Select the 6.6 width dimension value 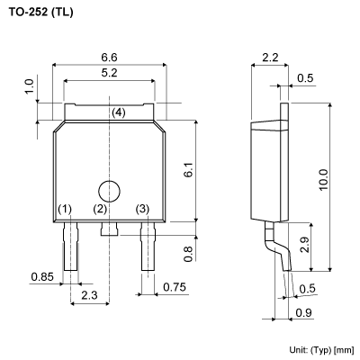109,57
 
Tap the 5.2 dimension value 109,72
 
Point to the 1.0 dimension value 29,87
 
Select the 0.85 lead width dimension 41,276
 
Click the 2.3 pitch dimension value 89,296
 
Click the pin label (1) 65,209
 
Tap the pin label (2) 100,209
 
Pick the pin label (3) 142,209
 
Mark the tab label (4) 119,112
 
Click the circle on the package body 109,191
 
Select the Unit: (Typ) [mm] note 321,349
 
